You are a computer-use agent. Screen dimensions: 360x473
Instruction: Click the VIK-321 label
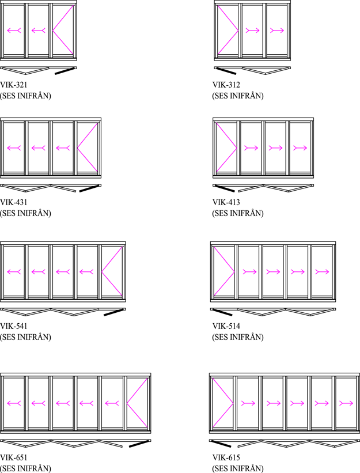[x=14, y=85]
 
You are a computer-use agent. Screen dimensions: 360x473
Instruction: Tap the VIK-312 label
[x=226, y=85]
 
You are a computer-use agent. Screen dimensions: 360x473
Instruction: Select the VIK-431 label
[x=14, y=202]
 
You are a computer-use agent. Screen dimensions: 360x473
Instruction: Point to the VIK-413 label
[x=226, y=202]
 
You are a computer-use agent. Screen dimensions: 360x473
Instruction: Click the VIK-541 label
[x=14, y=326]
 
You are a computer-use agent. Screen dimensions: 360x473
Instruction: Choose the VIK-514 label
[x=226, y=326]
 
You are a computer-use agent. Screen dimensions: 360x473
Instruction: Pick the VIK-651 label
[x=14, y=457]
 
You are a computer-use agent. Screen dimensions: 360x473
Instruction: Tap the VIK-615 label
[x=226, y=457]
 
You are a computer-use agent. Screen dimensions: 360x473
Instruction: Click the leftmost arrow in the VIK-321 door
[x=14, y=30]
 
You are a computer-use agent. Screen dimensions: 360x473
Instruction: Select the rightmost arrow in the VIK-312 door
[x=277, y=30]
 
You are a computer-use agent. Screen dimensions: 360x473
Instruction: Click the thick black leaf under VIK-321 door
[x=65, y=71]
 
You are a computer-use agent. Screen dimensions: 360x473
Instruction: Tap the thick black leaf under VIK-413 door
[x=224, y=188]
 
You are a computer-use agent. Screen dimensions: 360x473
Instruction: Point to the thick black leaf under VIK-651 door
[x=139, y=444]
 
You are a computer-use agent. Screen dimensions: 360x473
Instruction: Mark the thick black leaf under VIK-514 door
[x=222, y=312]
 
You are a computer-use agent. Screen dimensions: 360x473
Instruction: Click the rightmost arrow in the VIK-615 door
[x=346, y=403]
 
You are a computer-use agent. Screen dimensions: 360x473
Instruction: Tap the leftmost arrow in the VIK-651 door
[x=14, y=403]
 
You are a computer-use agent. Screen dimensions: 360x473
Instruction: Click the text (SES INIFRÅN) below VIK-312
[x=238, y=96]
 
